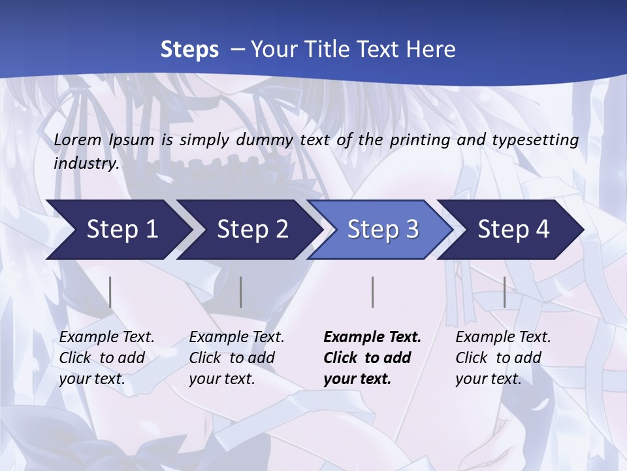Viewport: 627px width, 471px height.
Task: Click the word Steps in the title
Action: (189, 50)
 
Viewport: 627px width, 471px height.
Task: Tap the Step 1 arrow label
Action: (122, 230)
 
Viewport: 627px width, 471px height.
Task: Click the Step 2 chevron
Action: (252, 230)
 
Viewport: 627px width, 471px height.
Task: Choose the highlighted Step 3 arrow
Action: (383, 230)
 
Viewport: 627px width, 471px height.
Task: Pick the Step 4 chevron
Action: (513, 230)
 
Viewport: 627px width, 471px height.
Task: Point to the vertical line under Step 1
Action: (110, 292)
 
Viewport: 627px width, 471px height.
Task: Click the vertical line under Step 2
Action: (241, 292)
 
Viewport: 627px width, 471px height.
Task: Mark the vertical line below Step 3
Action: (372, 292)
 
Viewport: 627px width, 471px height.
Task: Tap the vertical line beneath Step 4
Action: (504, 292)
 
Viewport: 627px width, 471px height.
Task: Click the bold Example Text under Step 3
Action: (372, 338)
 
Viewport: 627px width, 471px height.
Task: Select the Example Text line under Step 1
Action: (106, 338)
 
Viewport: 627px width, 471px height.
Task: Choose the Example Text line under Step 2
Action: (236, 338)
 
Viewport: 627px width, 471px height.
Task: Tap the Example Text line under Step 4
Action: (503, 338)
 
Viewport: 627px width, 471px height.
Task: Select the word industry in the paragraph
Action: (86, 164)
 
